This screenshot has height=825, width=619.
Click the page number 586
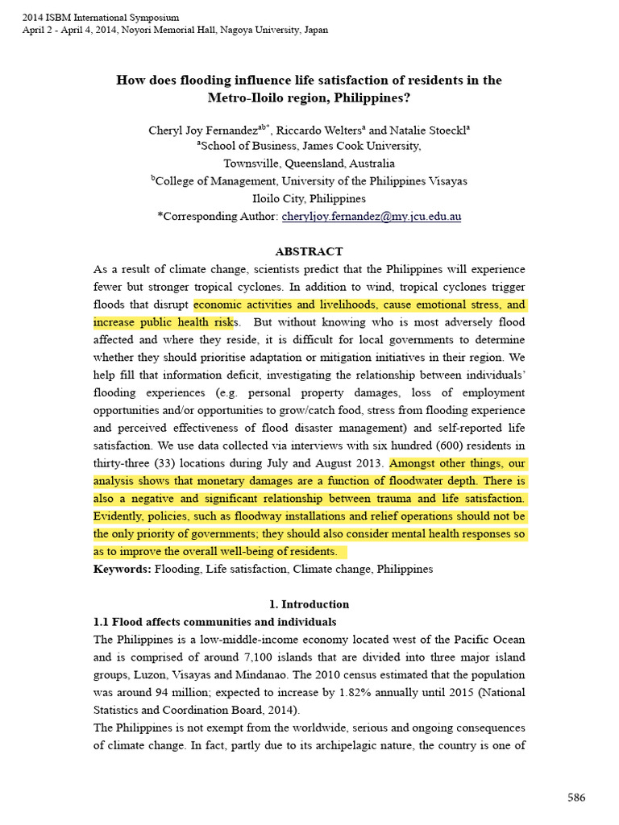(576, 798)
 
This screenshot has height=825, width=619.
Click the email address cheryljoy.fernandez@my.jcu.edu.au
(371, 217)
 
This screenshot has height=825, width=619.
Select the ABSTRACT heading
(309, 251)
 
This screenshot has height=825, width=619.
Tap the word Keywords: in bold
(122, 569)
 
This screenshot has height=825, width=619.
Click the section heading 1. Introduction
(309, 604)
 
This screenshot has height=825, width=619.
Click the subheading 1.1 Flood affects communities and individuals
(215, 622)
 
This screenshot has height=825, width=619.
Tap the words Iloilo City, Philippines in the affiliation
(309, 198)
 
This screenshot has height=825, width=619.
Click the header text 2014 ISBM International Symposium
(101, 17)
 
